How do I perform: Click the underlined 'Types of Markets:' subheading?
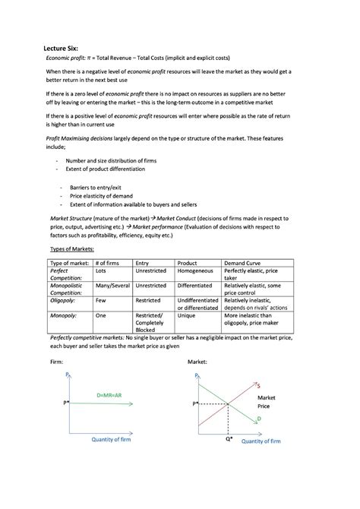coord(74,248)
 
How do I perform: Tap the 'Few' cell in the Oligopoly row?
coord(101,301)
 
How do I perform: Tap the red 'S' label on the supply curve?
coord(258,386)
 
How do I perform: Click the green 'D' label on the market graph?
coord(258,419)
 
